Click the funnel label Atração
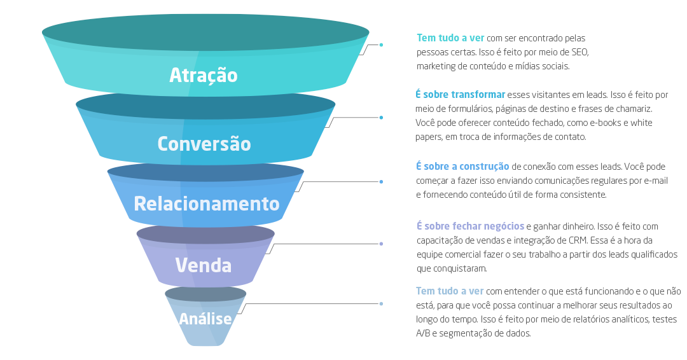tap(204, 75)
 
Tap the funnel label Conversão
tap(204, 144)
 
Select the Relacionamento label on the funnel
tap(207, 204)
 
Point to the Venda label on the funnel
tap(204, 265)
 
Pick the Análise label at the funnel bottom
tap(205, 318)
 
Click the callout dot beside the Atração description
tap(381, 45)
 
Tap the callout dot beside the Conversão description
tap(381, 118)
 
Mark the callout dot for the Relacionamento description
tap(381, 182)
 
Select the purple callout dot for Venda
tap(381, 244)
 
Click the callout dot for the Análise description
tap(381, 304)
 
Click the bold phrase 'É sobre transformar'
tap(461, 95)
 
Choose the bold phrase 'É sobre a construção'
tap(462, 167)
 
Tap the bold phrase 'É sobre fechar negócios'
tap(470, 226)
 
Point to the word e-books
tap(594, 123)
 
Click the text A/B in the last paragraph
tap(423, 333)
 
